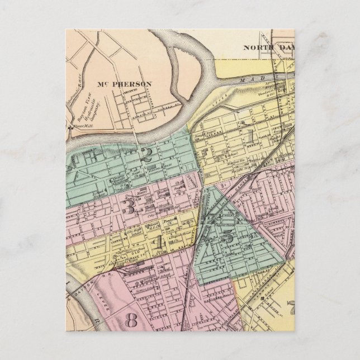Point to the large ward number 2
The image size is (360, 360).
pos(147,155)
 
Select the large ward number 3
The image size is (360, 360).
pos(128,207)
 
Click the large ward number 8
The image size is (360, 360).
pos(132,320)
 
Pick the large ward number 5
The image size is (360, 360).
pos(229,235)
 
